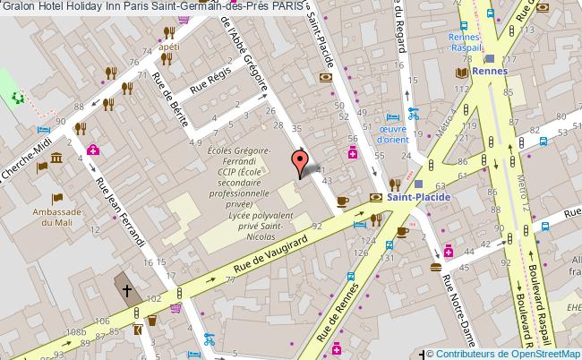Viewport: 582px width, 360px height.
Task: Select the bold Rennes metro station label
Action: pyautogui.click(x=492, y=71)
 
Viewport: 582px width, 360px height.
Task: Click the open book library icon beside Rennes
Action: pyautogui.click(x=463, y=72)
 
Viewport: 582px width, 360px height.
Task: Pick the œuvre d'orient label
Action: pyautogui.click(x=392, y=133)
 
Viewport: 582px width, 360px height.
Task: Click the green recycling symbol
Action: pyautogui.click(x=15, y=98)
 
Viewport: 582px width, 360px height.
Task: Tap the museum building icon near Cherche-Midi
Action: pyautogui.click(x=56, y=159)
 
